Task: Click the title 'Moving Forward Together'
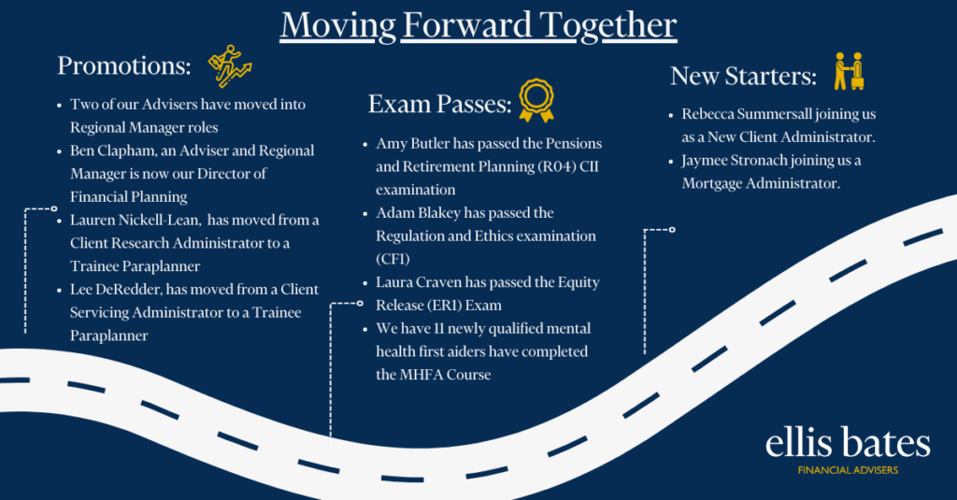(478, 25)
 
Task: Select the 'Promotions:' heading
(124, 66)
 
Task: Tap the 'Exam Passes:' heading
(439, 104)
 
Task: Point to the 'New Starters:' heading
(743, 77)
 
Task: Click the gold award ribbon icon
(536, 100)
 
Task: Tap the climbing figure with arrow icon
(230, 66)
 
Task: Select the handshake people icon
(849, 71)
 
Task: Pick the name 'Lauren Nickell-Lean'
(135, 220)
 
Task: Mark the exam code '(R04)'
(557, 166)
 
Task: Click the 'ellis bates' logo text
(848, 443)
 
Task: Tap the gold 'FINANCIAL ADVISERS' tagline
(848, 470)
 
